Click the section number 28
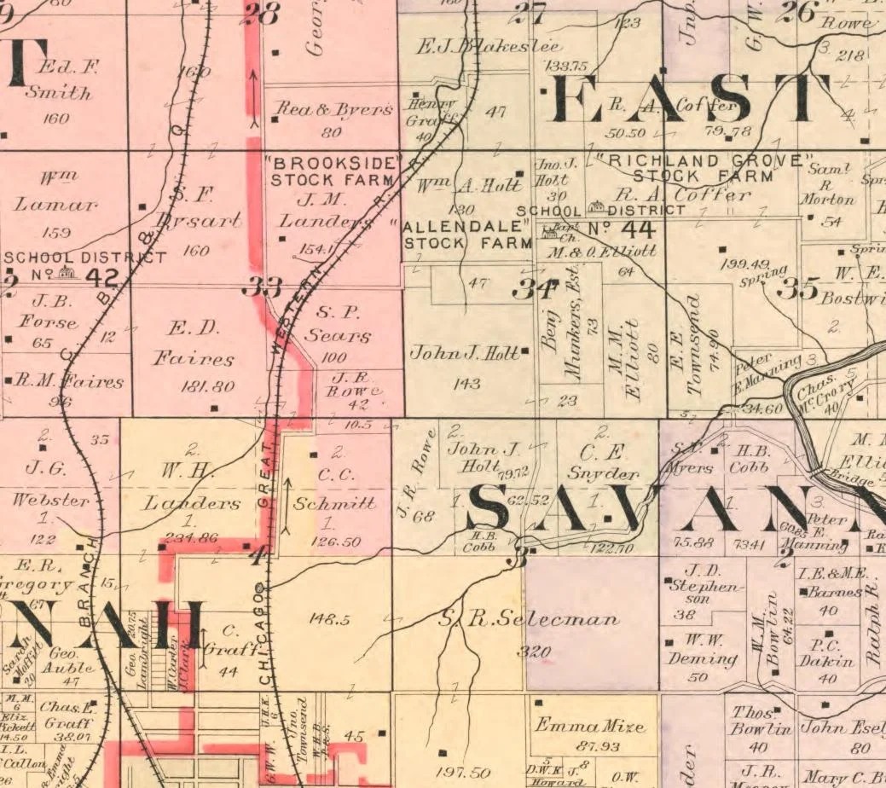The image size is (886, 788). point(261,14)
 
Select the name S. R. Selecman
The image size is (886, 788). point(529,619)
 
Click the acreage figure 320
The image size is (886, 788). point(534,652)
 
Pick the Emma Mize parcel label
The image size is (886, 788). point(588,727)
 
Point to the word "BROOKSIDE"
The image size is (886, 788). point(333,163)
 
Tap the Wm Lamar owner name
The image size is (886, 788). point(56,192)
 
